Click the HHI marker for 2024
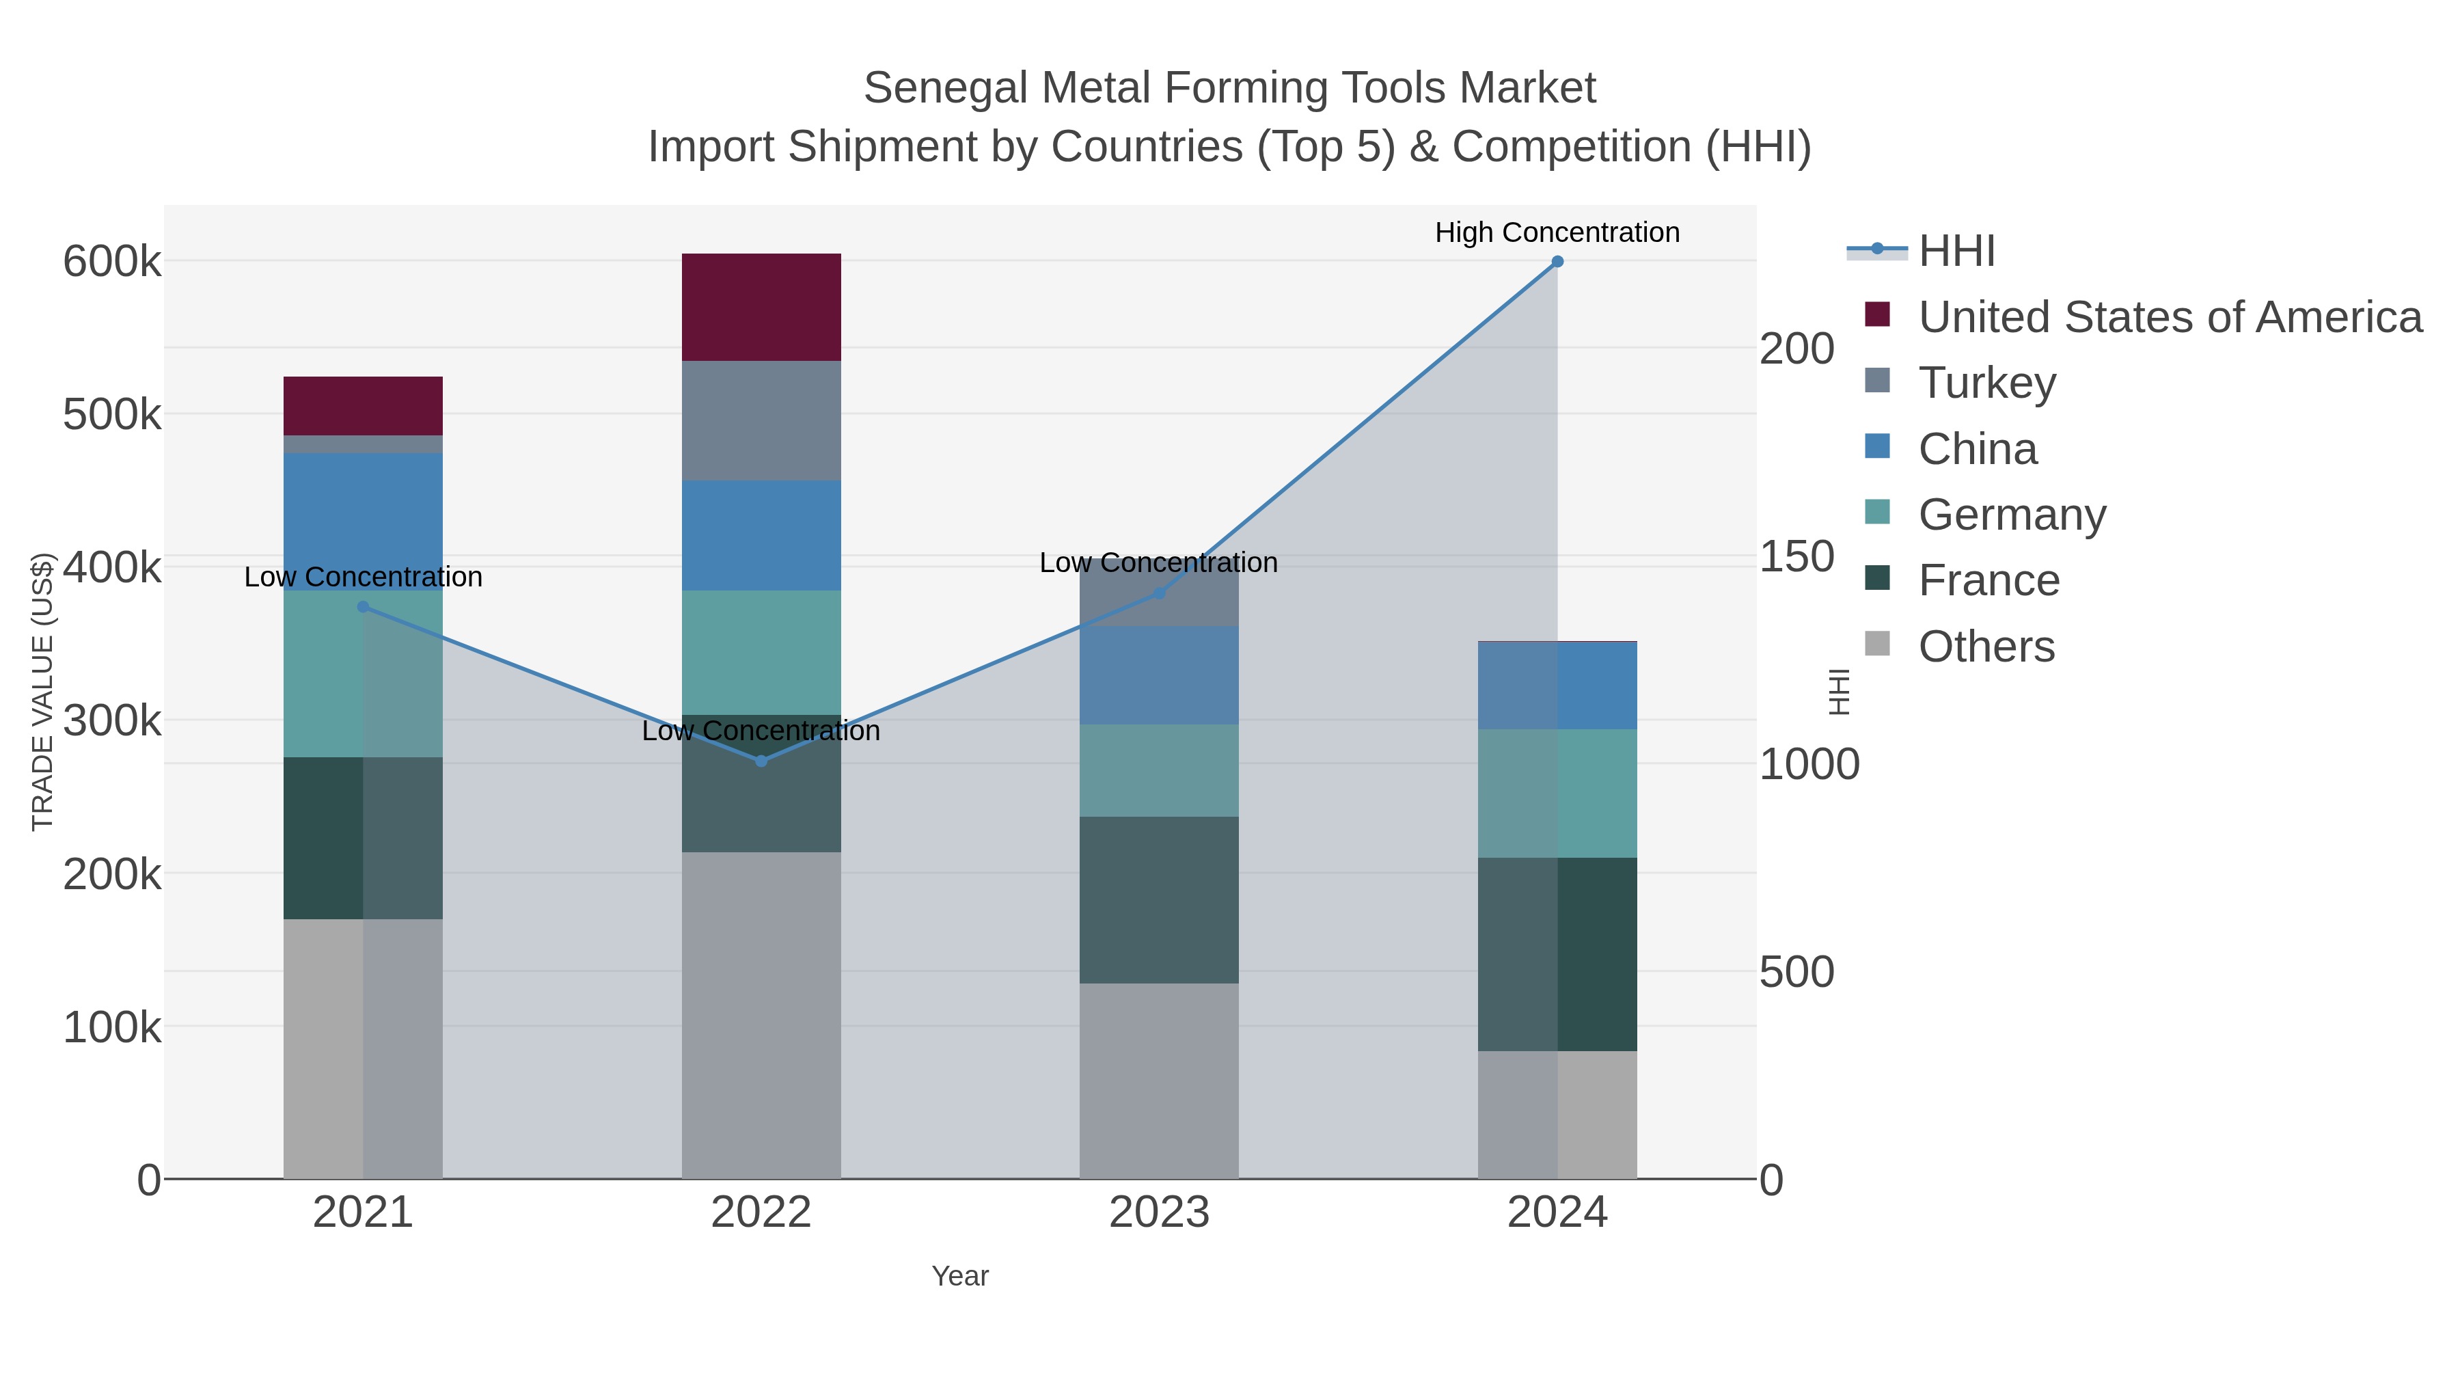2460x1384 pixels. click(x=1557, y=262)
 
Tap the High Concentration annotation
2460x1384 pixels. click(x=1557, y=232)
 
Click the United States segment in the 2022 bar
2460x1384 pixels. click(x=761, y=307)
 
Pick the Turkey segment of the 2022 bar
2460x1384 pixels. click(x=761, y=420)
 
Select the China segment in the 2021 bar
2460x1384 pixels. click(x=363, y=521)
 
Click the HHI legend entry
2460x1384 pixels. click(x=1956, y=252)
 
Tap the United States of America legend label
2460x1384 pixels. click(x=2170, y=317)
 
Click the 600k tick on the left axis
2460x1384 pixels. click(x=112, y=262)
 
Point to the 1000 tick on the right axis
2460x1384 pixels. click(x=1809, y=764)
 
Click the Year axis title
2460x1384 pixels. click(x=960, y=1276)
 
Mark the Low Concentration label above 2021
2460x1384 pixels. click(x=363, y=577)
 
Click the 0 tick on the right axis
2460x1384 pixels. click(x=1771, y=1180)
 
